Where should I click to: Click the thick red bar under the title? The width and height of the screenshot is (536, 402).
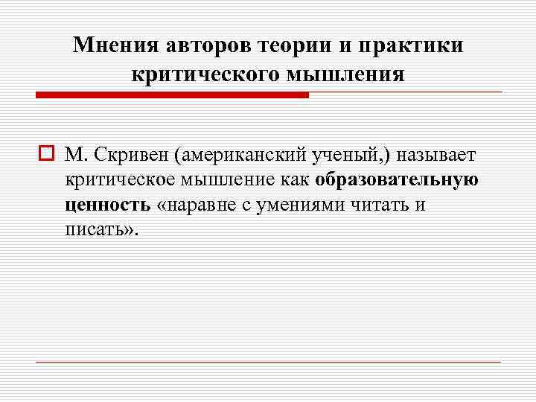point(172,95)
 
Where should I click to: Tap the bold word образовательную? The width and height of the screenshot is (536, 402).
point(397,179)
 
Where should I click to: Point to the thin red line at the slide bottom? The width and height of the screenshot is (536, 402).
point(268,362)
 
